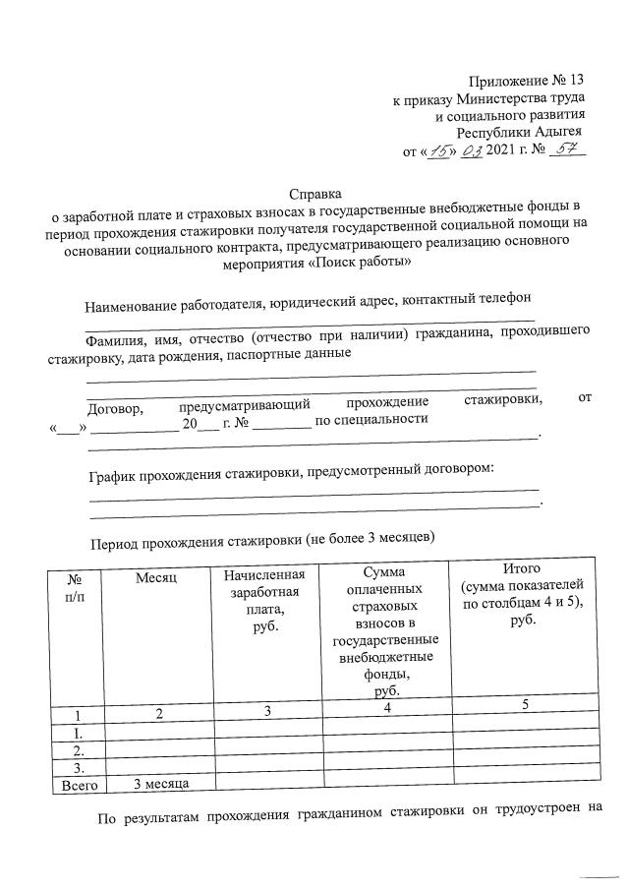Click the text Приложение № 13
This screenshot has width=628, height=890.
pos(527,81)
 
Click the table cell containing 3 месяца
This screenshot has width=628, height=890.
pos(161,783)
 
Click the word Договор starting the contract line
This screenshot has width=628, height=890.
pos(116,405)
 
